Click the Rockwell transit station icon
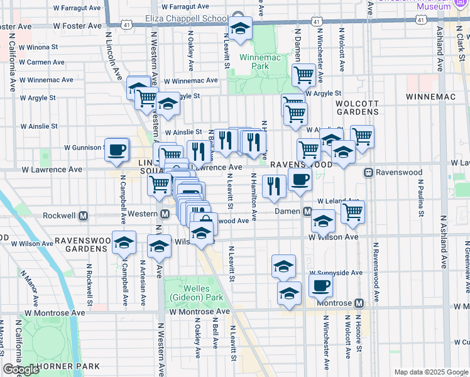point(83,216)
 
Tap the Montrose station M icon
point(359,303)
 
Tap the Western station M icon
point(164,214)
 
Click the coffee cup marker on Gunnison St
point(117,150)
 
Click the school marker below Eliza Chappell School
point(239,29)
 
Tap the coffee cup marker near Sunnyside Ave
point(320,285)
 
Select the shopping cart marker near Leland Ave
point(353,212)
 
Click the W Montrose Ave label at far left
point(55,312)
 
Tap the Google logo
point(21,369)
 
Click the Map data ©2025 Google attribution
point(431,372)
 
